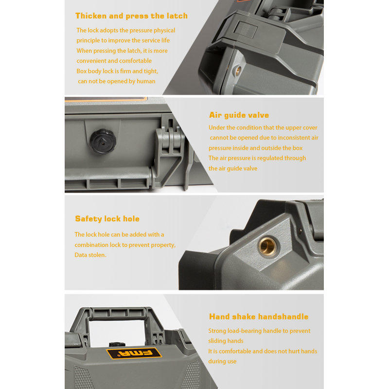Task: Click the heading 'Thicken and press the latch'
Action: (131, 16)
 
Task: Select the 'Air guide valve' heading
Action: (239, 115)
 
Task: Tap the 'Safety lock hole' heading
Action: (107, 219)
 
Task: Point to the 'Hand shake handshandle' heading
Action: (259, 317)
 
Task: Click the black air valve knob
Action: (103, 141)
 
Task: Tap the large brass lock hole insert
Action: (267, 246)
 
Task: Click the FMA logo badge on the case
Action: (134, 354)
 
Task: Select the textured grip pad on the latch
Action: (243, 28)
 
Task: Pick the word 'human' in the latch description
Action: (146, 81)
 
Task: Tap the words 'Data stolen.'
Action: (90, 255)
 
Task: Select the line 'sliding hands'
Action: (226, 341)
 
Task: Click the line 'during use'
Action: (222, 361)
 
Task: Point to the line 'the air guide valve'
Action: (233, 168)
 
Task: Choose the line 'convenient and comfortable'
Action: (114, 61)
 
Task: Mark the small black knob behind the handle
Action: (117, 344)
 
